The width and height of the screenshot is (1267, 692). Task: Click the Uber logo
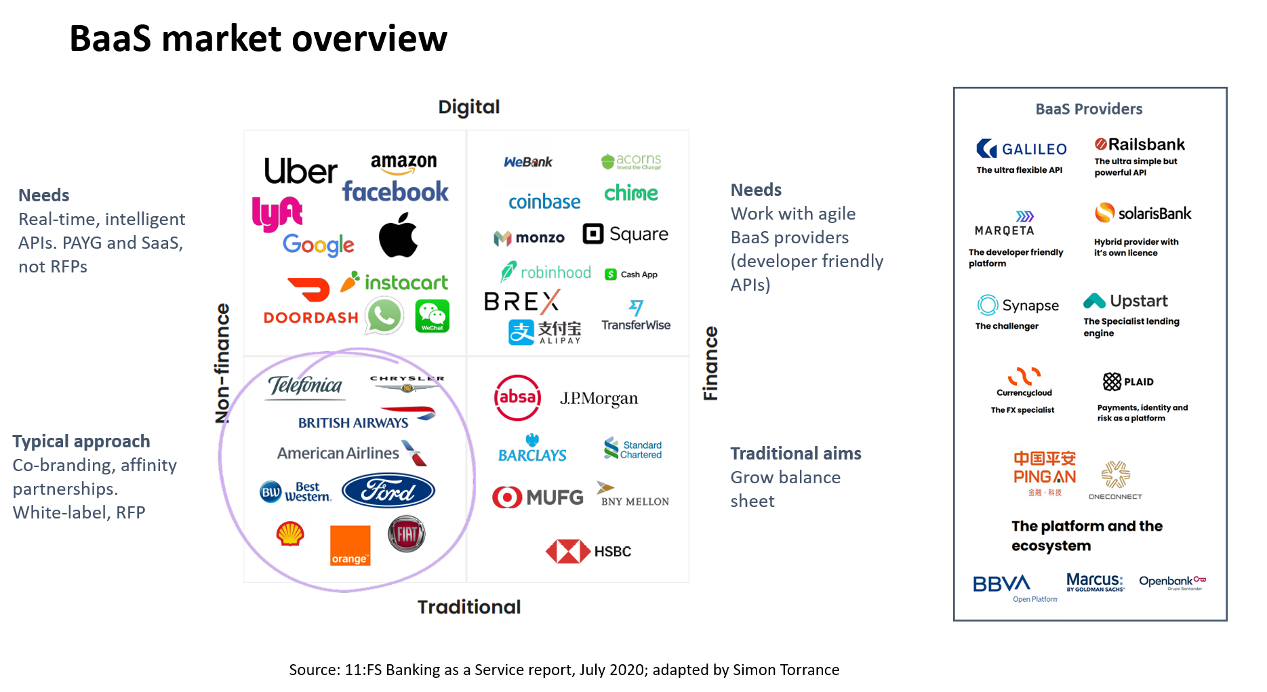point(300,171)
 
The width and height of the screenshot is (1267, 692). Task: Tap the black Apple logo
point(399,235)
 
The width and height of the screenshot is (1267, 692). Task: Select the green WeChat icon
point(433,316)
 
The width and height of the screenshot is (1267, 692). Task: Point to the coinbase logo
point(544,202)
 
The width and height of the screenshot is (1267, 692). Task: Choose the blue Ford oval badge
point(388,491)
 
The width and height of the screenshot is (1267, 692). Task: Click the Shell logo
point(290,533)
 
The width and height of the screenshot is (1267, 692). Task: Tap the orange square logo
point(350,545)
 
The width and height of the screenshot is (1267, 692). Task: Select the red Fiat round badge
point(407,534)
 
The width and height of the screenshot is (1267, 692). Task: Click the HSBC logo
point(588,552)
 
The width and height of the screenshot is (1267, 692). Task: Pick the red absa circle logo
point(517,398)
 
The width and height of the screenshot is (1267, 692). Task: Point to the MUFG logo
point(538,497)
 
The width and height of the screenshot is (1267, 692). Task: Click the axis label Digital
point(468,107)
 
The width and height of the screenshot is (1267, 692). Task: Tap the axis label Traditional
point(468,607)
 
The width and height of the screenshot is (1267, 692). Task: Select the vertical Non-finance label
point(222,363)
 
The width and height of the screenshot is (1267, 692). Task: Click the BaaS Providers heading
point(1089,109)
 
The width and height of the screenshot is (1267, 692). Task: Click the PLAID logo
point(1128,382)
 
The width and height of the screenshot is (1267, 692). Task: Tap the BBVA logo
point(1001,584)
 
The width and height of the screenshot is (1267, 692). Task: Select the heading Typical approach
point(81,441)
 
